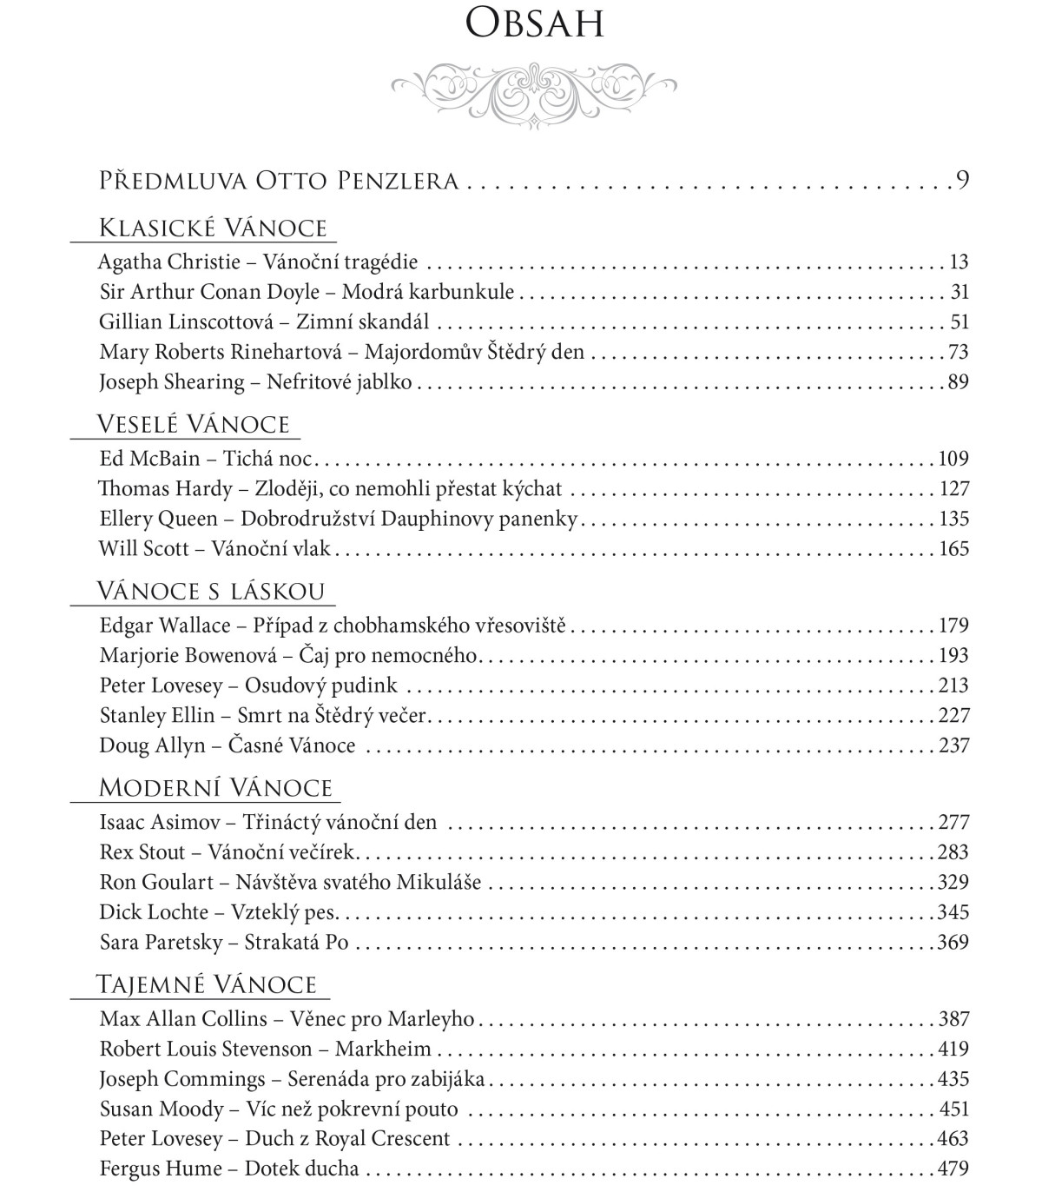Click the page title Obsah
point(533,24)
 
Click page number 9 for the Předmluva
point(961,181)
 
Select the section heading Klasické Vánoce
point(213,228)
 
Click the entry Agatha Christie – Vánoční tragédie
point(258,262)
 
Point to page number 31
point(959,293)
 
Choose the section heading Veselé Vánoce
point(193,425)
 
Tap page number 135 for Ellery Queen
point(953,520)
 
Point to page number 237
point(953,746)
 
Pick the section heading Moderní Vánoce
point(215,789)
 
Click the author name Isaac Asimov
point(160,823)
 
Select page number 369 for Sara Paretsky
point(953,943)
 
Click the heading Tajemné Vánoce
point(206,985)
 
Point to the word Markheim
point(383,1050)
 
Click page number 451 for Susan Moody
point(953,1109)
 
